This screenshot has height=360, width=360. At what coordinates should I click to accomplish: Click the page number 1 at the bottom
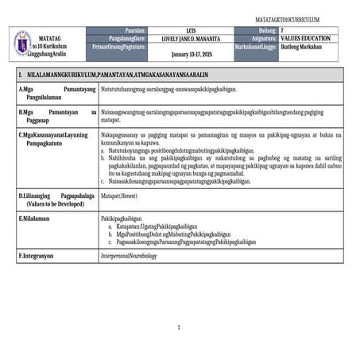pyautogui.click(x=180, y=327)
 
